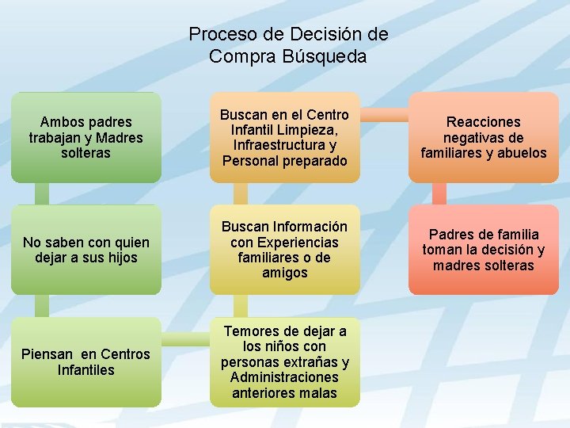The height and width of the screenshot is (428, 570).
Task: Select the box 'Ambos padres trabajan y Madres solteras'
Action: click(x=86, y=137)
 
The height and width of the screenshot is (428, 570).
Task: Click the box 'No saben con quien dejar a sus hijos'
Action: click(x=86, y=250)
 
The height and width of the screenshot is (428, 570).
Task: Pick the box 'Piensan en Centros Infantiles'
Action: click(x=86, y=361)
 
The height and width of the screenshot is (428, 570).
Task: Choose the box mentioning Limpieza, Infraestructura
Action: click(x=285, y=137)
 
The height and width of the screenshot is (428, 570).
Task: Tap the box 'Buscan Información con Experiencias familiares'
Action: click(x=285, y=250)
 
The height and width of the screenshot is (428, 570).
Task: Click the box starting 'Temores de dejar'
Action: click(x=285, y=361)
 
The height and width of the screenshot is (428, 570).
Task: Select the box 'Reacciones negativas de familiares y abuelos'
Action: click(x=484, y=137)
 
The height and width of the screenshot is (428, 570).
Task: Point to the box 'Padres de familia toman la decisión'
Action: click(x=484, y=250)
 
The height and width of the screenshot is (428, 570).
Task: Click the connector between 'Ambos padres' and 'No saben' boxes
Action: click(x=43, y=194)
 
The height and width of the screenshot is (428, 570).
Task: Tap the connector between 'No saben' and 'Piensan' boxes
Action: click(x=43, y=306)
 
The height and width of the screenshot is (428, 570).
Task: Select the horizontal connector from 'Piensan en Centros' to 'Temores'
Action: click(x=185, y=340)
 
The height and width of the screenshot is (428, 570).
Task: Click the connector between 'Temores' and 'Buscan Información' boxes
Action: click(x=241, y=306)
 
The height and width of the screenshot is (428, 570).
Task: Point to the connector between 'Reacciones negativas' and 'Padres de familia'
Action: click(x=439, y=194)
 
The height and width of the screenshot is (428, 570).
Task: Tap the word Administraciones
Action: click(x=284, y=377)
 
